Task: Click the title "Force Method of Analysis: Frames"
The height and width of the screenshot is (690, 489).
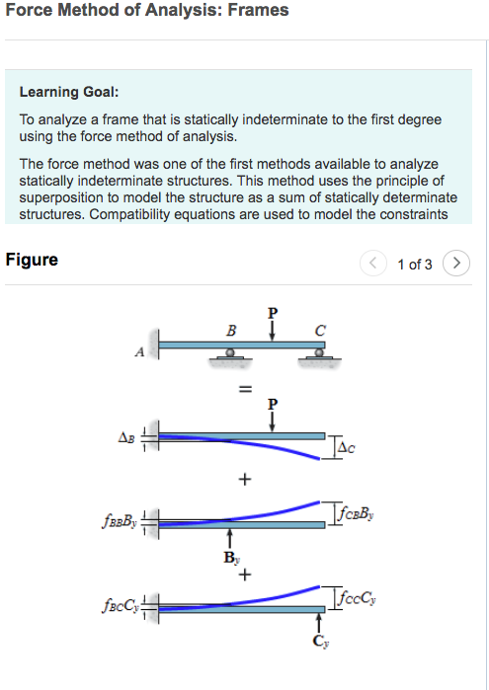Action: [x=147, y=11]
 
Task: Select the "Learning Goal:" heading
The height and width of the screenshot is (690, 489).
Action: [x=69, y=92]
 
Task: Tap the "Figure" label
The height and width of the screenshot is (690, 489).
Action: [x=32, y=261]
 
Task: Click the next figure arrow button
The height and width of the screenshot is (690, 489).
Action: [x=455, y=264]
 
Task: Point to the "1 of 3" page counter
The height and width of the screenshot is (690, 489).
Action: [x=414, y=265]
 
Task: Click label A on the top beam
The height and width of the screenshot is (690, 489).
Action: [x=140, y=351]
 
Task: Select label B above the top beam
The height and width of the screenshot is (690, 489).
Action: [x=231, y=329]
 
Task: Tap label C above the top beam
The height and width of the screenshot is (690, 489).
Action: [x=319, y=329]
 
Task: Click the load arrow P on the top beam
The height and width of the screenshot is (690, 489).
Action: [x=274, y=329]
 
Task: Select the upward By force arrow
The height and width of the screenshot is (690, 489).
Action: [x=229, y=539]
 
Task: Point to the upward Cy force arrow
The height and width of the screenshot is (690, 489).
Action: [x=318, y=624]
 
